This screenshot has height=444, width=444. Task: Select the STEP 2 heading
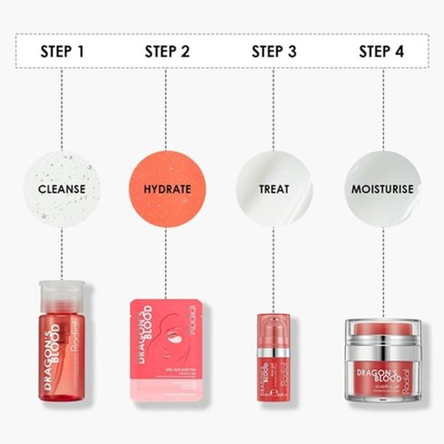(x=166, y=51)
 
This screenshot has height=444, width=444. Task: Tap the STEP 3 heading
(x=274, y=51)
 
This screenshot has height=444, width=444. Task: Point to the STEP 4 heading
(x=382, y=51)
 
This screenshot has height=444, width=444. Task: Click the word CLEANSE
(x=62, y=189)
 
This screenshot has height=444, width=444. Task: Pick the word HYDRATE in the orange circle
(x=167, y=189)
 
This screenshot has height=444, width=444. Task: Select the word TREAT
(x=274, y=189)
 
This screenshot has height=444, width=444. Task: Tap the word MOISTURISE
(x=382, y=189)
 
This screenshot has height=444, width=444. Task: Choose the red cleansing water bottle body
(x=62, y=358)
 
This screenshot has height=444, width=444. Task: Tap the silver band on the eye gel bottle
(x=274, y=353)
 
